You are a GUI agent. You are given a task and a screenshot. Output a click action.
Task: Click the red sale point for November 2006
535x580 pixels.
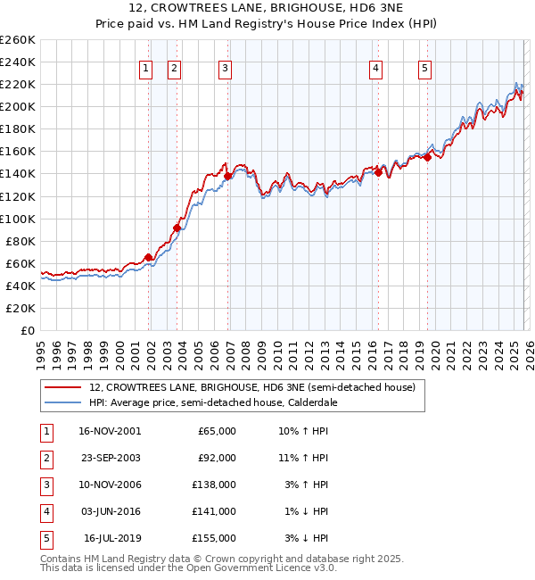227,176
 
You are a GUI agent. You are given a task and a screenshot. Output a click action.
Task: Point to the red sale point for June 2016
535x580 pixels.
378,172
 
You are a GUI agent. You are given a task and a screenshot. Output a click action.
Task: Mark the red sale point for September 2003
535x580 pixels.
177,228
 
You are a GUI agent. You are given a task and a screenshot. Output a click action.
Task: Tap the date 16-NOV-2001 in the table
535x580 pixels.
109,431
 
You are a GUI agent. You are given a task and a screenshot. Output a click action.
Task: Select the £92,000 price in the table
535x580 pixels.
217,458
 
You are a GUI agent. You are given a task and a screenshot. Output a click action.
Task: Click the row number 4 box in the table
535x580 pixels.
45,511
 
